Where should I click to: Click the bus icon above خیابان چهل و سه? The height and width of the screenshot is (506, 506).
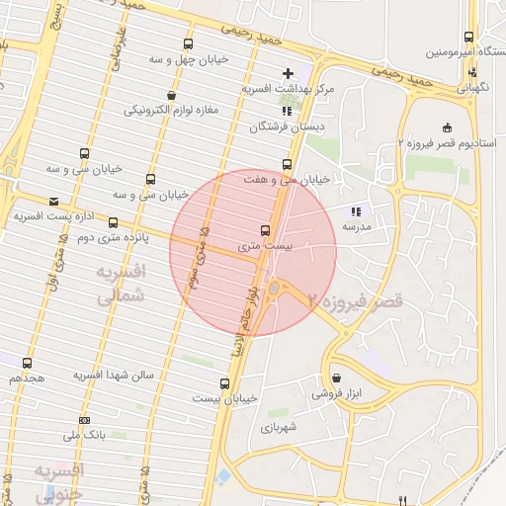tap(189, 43)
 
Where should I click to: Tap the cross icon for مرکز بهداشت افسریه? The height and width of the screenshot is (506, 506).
tap(288, 73)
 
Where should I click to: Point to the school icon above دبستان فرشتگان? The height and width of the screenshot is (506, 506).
tap(288, 111)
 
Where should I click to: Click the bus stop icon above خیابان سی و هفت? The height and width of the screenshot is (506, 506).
tap(288, 164)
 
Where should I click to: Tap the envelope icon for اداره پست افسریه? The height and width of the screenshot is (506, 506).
tap(52, 201)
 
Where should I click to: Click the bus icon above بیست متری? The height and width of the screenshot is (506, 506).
tap(263, 229)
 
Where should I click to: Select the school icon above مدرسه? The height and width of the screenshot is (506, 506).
tap(356, 211)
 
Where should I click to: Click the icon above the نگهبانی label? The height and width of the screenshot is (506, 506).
tap(472, 71)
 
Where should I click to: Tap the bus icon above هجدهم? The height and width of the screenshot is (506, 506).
tap(27, 363)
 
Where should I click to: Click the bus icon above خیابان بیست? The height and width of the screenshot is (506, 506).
tap(224, 382)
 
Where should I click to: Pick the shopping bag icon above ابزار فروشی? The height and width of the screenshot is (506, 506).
tap(337, 378)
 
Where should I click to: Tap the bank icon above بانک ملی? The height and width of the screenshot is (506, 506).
tap(84, 419)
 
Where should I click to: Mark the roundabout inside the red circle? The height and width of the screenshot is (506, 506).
tap(275, 289)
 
